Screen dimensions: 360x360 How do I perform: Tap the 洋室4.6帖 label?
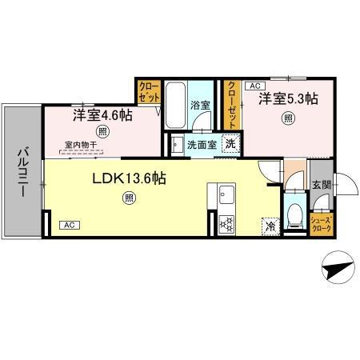coord(102,114)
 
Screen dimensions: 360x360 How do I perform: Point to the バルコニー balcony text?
coord(22,170)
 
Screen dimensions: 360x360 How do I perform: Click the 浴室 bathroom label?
coord(199,105)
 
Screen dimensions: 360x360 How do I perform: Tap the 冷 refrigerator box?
coord(269,226)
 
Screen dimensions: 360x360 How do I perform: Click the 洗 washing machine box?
coord(230,145)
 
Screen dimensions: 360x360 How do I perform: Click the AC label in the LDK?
coord(68,225)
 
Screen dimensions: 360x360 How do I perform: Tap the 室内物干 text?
coord(81,146)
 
